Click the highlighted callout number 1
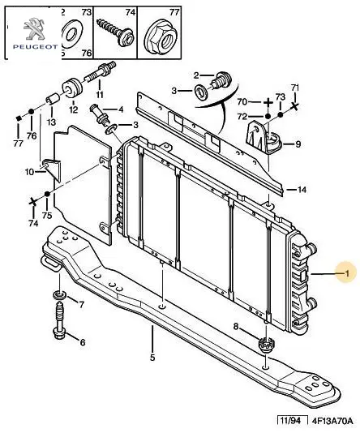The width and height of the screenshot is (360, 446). pyautogui.click(x=347, y=273)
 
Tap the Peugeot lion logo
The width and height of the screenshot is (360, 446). pyautogui.click(x=34, y=28)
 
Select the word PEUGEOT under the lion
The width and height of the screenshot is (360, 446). pyautogui.click(x=35, y=47)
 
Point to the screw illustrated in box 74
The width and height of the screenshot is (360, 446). pyautogui.click(x=115, y=32)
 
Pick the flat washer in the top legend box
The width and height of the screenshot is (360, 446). pyautogui.click(x=71, y=34)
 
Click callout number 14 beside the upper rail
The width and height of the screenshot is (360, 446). pyautogui.click(x=302, y=190)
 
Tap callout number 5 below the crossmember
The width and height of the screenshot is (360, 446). pyautogui.click(x=152, y=358)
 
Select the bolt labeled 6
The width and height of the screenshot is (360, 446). pyautogui.click(x=58, y=320)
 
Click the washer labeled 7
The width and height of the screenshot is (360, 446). pyautogui.click(x=59, y=294)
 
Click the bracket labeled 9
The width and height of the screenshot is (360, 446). pyautogui.click(x=263, y=137)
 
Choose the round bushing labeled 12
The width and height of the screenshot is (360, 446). pyautogui.click(x=72, y=87)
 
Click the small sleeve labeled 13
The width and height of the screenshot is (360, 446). pyautogui.click(x=52, y=100)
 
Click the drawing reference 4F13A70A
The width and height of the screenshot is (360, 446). pyautogui.click(x=332, y=421)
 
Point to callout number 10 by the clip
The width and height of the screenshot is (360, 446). pyautogui.click(x=29, y=172)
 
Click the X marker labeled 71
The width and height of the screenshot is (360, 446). pyautogui.click(x=295, y=106)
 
